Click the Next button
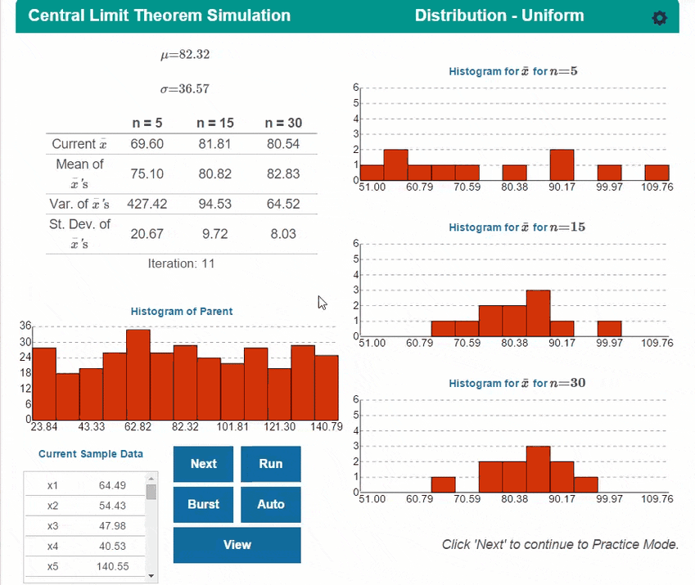tap(203, 464)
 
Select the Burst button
tap(203, 504)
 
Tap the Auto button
tap(270, 504)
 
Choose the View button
tap(237, 545)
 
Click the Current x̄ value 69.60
tap(147, 144)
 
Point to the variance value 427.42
tap(147, 205)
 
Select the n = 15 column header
tap(215, 124)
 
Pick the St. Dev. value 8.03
tap(283, 234)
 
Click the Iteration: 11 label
tap(182, 263)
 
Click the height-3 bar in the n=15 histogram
tap(538, 313)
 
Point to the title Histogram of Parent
tap(182, 312)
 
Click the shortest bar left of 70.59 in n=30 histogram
tap(443, 484)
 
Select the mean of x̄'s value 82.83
tap(283, 173)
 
